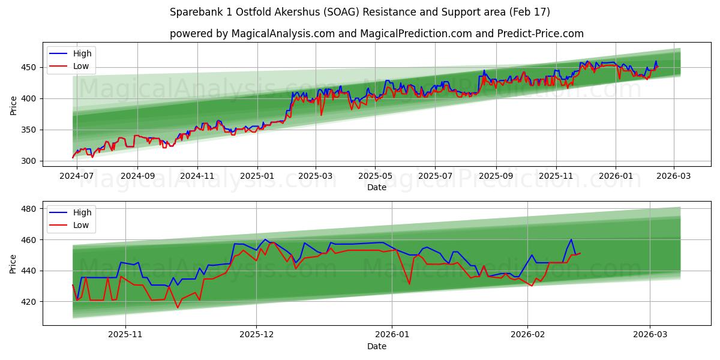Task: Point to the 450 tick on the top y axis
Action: point(30,67)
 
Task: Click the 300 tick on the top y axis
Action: point(30,161)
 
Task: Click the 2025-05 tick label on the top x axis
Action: point(375,177)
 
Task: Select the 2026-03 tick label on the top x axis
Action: point(673,177)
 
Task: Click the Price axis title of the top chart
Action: point(14,105)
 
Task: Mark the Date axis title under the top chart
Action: point(376,188)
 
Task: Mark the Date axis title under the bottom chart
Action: point(376,346)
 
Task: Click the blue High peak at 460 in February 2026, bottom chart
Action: point(571,239)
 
